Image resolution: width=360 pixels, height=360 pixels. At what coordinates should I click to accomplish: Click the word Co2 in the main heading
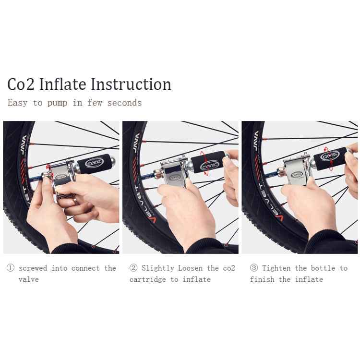click(21, 84)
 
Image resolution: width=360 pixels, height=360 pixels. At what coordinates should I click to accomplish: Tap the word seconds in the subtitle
click(124, 103)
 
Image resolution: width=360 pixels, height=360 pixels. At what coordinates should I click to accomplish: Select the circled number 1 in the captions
click(11, 268)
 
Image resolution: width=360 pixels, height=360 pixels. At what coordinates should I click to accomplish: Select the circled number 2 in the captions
click(133, 268)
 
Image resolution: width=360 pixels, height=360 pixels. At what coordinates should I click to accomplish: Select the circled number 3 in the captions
click(254, 268)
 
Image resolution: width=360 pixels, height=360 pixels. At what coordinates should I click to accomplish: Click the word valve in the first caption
click(29, 279)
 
